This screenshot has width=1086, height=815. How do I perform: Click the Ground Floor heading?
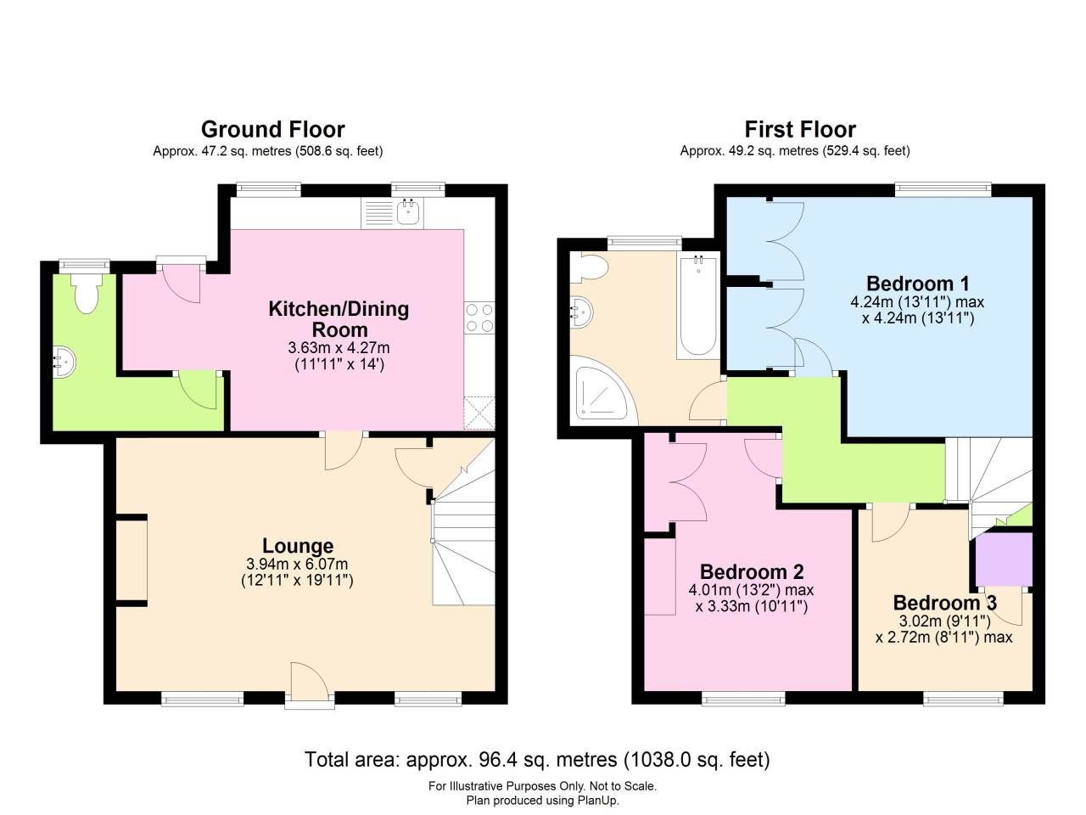(x=272, y=130)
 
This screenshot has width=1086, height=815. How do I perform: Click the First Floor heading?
(x=800, y=130)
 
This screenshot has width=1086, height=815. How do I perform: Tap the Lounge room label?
(x=297, y=546)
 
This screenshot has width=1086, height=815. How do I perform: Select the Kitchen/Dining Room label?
(x=339, y=319)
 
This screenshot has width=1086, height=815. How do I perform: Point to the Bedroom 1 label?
(x=917, y=284)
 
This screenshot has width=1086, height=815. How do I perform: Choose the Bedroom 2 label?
(x=751, y=571)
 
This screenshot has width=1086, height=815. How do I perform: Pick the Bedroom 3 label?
(x=944, y=603)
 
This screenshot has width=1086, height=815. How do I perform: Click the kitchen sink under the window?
(x=409, y=211)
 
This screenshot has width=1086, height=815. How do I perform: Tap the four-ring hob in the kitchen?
(x=479, y=318)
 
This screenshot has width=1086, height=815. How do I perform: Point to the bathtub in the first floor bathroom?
(x=697, y=306)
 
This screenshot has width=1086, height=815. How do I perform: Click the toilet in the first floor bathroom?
(x=591, y=268)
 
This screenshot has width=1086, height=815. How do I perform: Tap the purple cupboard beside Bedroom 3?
(x=1003, y=559)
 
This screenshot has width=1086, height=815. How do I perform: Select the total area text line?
(x=537, y=759)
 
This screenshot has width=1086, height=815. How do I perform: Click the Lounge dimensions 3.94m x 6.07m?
(x=297, y=565)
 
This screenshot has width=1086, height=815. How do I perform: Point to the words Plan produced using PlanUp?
(x=542, y=800)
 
